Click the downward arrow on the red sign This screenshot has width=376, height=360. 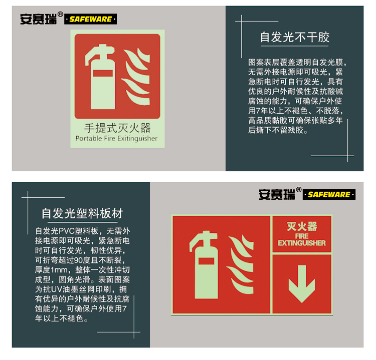pyautogui.click(x=302, y=283)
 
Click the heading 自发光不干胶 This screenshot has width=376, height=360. pyautogui.click(x=295, y=37)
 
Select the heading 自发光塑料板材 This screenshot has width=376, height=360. pyautogui.click(x=82, y=213)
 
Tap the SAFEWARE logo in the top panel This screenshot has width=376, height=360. pyautogui.click(x=91, y=19)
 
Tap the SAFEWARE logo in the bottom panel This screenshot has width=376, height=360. pyautogui.click(x=329, y=194)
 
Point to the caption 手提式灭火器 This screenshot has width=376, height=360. pyautogui.click(x=117, y=128)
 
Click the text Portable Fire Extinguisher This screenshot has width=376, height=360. pyautogui.click(x=116, y=139)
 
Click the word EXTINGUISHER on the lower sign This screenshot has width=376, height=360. pyautogui.click(x=302, y=243)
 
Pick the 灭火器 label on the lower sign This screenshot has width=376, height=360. pyautogui.click(x=302, y=227)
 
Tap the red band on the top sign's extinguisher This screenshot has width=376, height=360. pyautogui.click(x=103, y=73)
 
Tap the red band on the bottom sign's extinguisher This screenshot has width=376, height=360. pyautogui.click(x=206, y=261)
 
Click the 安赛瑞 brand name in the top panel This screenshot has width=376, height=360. pyautogui.click(x=39, y=19)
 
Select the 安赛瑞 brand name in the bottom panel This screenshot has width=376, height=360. pyautogui.click(x=277, y=194)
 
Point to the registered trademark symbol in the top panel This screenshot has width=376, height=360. pyautogui.click(x=61, y=14)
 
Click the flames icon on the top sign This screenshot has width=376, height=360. pyautogui.click(x=136, y=77)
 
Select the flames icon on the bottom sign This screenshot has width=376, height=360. pyautogui.click(x=240, y=264)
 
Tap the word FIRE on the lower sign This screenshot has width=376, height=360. pyautogui.click(x=302, y=236)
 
